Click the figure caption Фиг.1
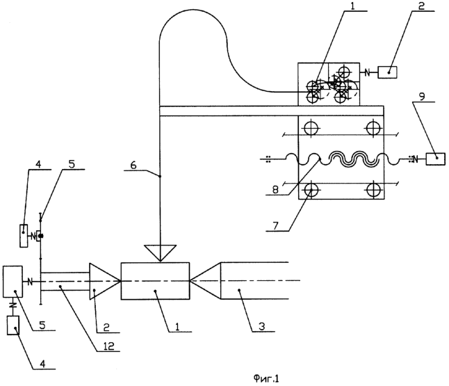[x=266, y=379]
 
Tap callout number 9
[x=423, y=97]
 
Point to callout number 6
[x=133, y=166]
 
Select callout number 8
[x=275, y=190]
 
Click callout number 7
[x=275, y=226]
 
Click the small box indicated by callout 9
[x=435, y=159]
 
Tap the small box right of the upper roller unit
[x=387, y=72]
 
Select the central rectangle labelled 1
[x=155, y=281]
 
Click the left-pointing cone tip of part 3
[x=190, y=281]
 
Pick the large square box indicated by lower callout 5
[x=13, y=282]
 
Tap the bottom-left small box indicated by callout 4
[x=13, y=325]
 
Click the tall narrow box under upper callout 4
[x=24, y=236]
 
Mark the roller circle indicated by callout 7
[x=311, y=189]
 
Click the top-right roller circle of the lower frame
[x=374, y=128]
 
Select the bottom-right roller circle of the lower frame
[x=374, y=189]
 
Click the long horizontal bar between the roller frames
[x=272, y=111]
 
